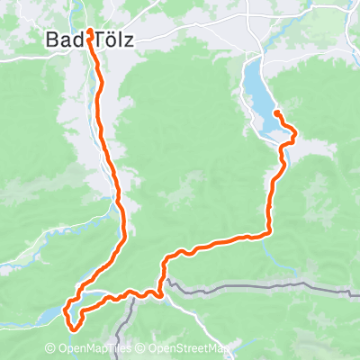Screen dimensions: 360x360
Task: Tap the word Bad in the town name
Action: [59, 41]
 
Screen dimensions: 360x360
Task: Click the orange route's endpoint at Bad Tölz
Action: [89, 31]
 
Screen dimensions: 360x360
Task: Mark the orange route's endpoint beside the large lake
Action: [275, 112]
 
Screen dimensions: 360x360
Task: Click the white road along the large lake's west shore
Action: [247, 103]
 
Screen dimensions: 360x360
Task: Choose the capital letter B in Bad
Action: [51, 41]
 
